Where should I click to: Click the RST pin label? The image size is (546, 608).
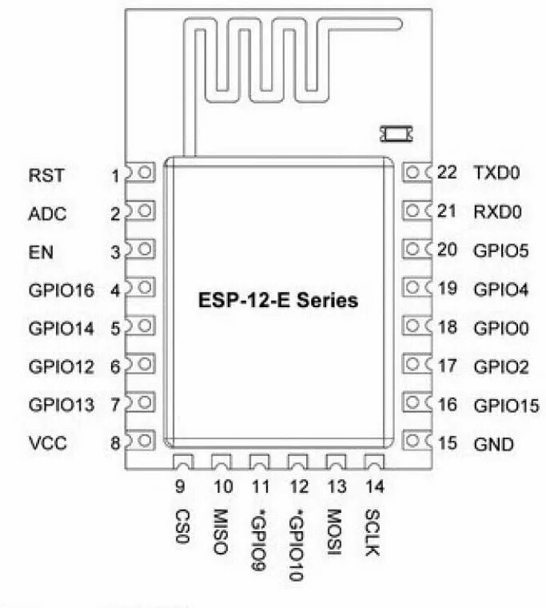pos(47,174)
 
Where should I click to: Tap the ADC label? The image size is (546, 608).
pos(47,214)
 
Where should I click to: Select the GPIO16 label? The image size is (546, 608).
pos(61,290)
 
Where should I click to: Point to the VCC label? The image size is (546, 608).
pos(47,442)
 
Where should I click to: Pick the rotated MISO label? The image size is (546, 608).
pos(221,532)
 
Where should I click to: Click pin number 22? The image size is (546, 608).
pos(447,172)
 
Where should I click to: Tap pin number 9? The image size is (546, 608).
pos(181,486)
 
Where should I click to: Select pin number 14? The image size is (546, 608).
pos(373,486)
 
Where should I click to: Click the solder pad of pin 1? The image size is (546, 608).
pos(144,173)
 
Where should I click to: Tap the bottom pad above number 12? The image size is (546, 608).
pos(297,462)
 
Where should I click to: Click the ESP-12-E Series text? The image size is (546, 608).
pos(278,302)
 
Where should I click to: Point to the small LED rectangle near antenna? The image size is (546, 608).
pos(396,131)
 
